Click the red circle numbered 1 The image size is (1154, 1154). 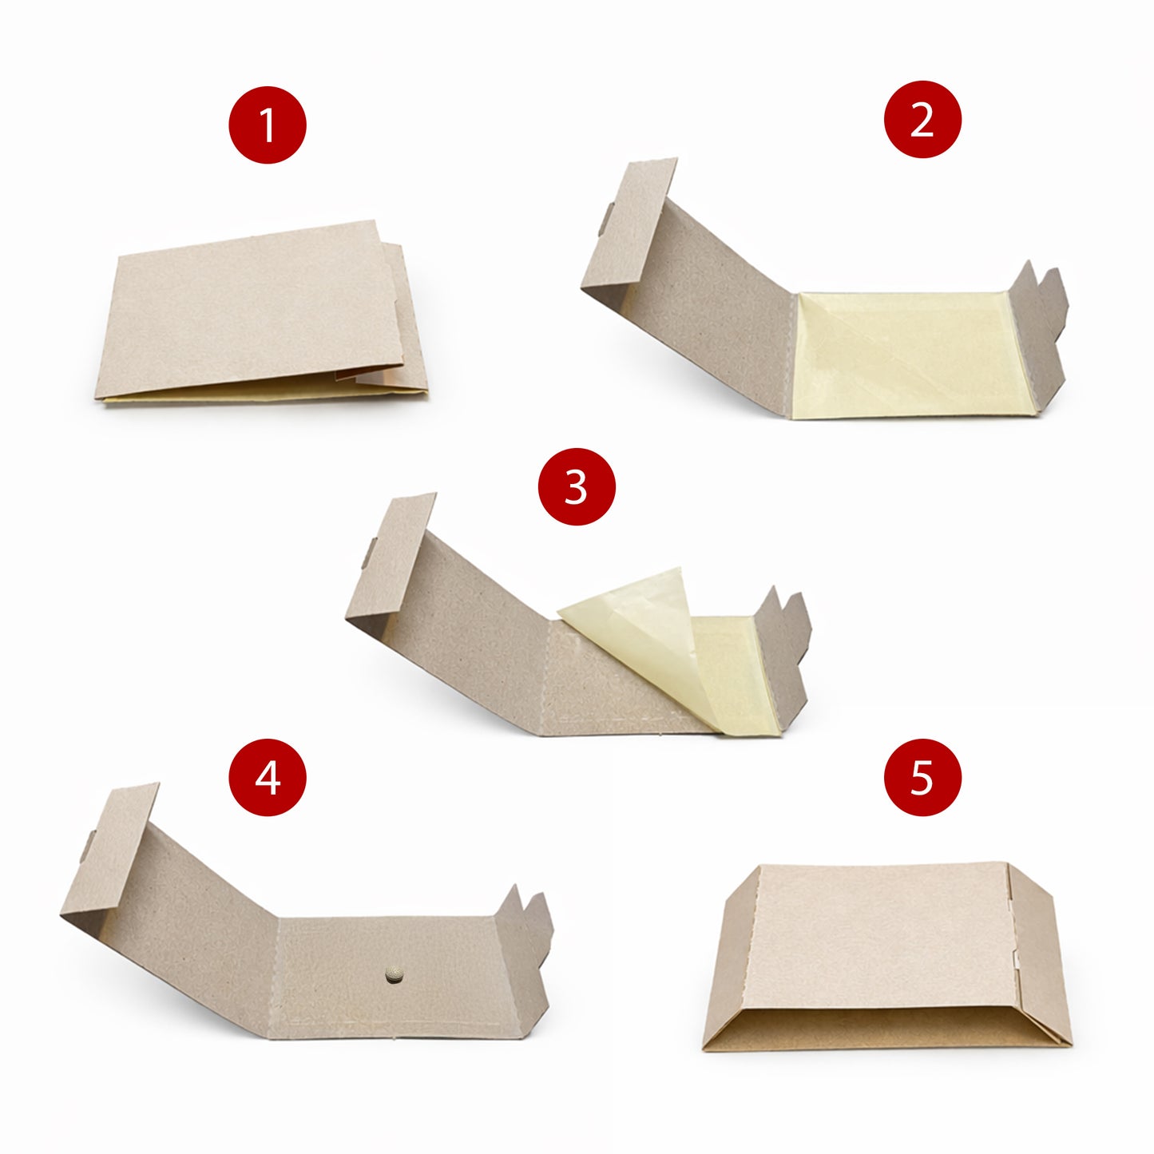pos(268,125)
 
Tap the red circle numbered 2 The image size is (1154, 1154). pos(922,120)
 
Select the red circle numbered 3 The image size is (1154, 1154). pos(577,486)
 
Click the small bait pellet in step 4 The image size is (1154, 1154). pos(392,974)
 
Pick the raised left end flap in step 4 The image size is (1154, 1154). pos(112,855)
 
